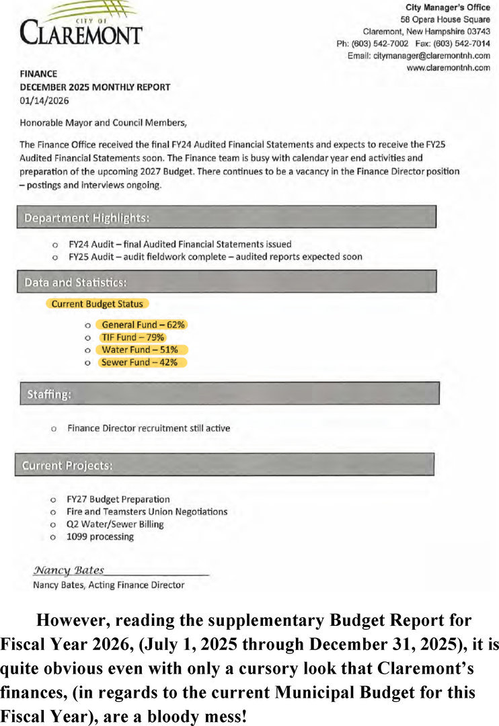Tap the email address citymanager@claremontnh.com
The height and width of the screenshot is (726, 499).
click(x=431, y=56)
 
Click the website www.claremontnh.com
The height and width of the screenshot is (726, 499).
click(x=448, y=68)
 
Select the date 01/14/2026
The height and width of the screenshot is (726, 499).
click(x=44, y=100)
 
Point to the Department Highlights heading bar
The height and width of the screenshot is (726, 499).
click(x=227, y=217)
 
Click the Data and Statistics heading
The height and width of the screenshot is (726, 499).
click(x=75, y=281)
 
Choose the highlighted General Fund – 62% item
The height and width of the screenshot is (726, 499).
click(x=141, y=325)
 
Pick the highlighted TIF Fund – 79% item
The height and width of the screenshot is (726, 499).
click(x=132, y=337)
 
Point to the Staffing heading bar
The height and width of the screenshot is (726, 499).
click(x=229, y=394)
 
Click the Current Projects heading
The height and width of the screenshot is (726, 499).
click(x=68, y=465)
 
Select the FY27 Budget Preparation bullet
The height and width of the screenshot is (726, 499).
click(x=118, y=499)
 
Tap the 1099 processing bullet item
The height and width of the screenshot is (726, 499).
click(x=100, y=536)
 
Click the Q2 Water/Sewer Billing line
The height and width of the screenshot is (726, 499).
click(x=115, y=524)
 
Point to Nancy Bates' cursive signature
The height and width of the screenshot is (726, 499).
click(x=69, y=570)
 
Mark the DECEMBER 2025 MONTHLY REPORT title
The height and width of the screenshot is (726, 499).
click(x=95, y=87)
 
